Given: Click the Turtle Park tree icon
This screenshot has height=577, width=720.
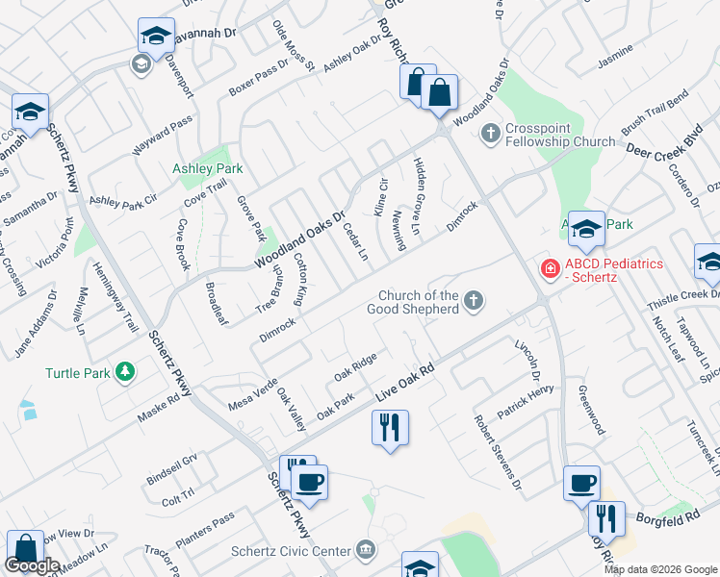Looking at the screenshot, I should [123, 371].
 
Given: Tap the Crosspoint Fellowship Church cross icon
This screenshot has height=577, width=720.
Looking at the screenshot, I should [490, 132].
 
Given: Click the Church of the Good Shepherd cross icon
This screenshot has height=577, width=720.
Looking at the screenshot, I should [473, 302].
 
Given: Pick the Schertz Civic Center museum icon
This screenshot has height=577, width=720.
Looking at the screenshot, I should [365, 550].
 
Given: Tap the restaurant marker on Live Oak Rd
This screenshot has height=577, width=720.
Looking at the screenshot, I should [390, 427].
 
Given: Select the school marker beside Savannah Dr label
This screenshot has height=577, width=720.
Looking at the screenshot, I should [156, 36].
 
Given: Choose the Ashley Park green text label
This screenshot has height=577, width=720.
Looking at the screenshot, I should [207, 168].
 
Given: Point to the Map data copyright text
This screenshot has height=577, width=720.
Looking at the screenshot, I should [659, 569].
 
